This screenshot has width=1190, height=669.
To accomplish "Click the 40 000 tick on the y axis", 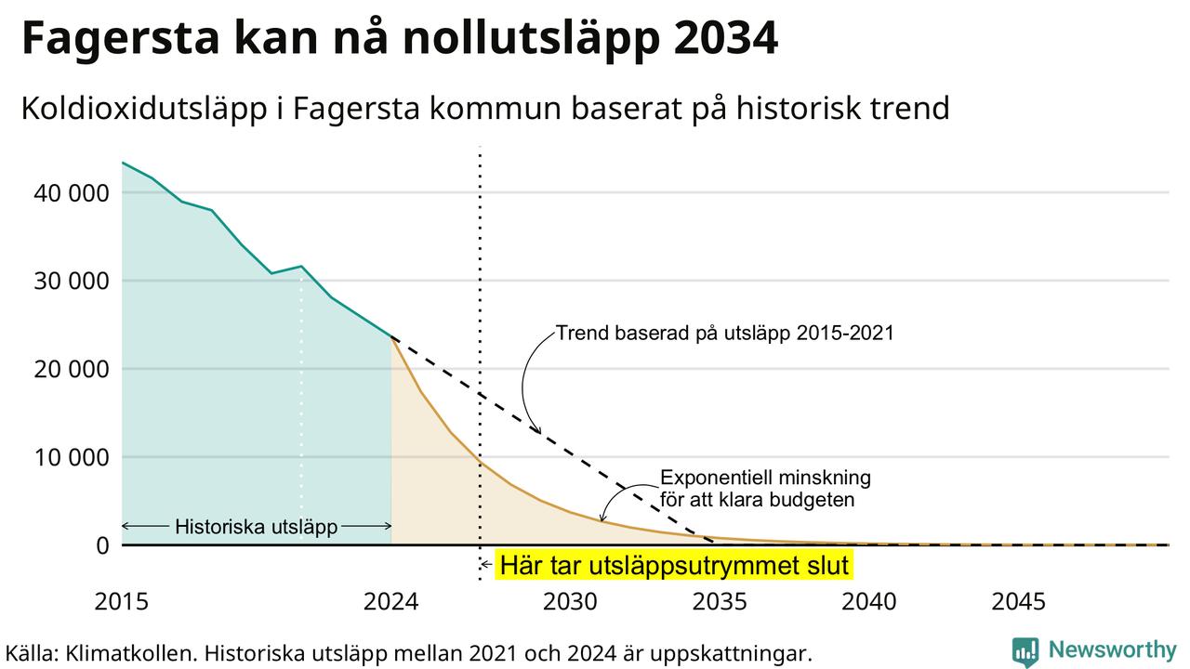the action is pos(72,193).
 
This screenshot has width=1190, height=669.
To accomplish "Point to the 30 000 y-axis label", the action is pos(72,282).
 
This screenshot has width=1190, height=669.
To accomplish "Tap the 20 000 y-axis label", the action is pos(72,370).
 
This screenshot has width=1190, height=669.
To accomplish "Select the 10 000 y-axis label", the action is pos(72,458).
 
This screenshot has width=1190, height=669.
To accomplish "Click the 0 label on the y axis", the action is pos(102,545).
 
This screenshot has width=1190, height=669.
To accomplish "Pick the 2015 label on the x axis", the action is pos(122,602).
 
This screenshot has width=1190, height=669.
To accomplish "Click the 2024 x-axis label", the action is pos(391,602).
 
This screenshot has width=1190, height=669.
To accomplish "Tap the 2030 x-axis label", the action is pos(571,602).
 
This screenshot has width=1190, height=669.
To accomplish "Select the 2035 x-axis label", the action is pos(720,602).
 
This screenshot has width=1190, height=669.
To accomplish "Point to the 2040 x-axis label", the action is pos(869,602).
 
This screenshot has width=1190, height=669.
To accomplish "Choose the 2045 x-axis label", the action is pos(1018,602).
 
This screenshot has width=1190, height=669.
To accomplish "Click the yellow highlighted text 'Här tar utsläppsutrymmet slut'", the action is pos(674,565).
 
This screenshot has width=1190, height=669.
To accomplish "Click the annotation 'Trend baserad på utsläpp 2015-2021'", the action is pos(725,334).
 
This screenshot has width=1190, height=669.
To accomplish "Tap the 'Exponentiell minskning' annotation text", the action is pos(765,478).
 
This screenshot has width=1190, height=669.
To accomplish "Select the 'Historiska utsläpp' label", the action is pos(256,527).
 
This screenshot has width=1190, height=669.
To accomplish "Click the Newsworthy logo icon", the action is pos(1025,651).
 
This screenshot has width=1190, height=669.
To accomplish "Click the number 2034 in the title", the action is pos(726,38).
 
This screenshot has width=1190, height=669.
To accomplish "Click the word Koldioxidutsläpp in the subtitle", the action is pos(144,109).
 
